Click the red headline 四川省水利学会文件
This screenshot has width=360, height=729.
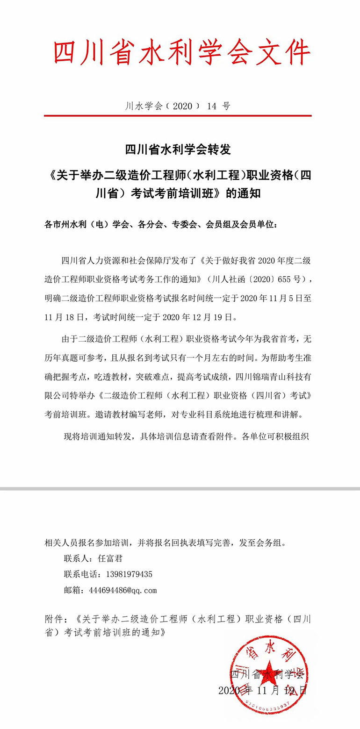[x=181, y=52]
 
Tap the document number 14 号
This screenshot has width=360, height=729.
[x=218, y=106]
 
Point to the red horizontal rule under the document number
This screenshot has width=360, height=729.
[x=178, y=115]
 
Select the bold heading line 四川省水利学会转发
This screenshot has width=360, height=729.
[x=178, y=150]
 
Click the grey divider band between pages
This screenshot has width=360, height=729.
[x=180, y=488]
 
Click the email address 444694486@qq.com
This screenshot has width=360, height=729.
[x=122, y=590]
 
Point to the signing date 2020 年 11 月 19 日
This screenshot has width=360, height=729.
[x=262, y=690]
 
